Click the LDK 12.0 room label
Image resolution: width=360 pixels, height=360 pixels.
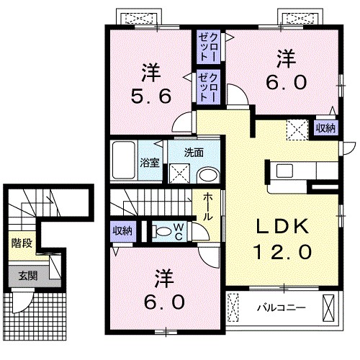click(x=283, y=239)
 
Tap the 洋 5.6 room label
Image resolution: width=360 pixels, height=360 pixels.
click(x=151, y=84)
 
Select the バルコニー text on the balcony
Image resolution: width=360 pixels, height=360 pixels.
click(x=282, y=307)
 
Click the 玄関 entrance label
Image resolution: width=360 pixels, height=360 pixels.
click(x=28, y=276)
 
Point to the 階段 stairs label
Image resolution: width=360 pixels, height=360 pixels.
click(x=22, y=243)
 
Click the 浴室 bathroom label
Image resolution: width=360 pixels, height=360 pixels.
click(x=150, y=163)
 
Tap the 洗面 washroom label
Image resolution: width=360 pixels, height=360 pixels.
click(x=194, y=153)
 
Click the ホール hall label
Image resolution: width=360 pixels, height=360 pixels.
click(x=207, y=207)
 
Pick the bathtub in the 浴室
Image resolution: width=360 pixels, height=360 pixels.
click(x=124, y=160)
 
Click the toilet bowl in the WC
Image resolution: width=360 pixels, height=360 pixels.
click(x=162, y=232)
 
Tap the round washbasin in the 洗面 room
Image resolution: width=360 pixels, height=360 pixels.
click(x=208, y=176)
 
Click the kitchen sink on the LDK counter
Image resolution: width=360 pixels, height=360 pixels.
click(x=284, y=171)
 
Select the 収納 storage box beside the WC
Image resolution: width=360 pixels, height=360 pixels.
click(x=123, y=231)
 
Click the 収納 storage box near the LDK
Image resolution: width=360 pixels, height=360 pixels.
click(x=325, y=128)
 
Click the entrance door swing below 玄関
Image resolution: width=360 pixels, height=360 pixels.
click(x=23, y=302)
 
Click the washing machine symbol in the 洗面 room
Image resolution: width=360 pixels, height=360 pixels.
click(x=180, y=174)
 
